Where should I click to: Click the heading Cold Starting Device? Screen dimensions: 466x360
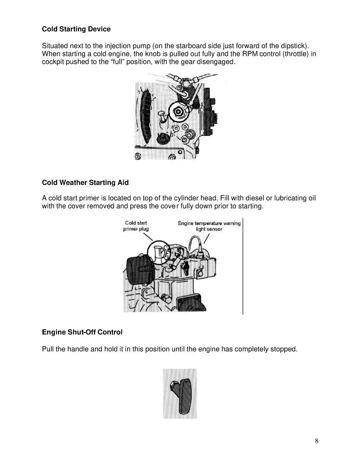click(76, 29)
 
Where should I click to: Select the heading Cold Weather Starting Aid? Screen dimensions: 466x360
click(85, 182)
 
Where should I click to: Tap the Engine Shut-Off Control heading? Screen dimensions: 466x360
click(82, 332)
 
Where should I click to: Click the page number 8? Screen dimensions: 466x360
click(316, 441)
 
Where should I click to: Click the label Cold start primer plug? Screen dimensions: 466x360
click(136, 226)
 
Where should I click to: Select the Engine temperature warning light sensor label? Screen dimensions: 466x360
click(209, 226)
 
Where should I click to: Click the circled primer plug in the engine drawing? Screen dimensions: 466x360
click(158, 252)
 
